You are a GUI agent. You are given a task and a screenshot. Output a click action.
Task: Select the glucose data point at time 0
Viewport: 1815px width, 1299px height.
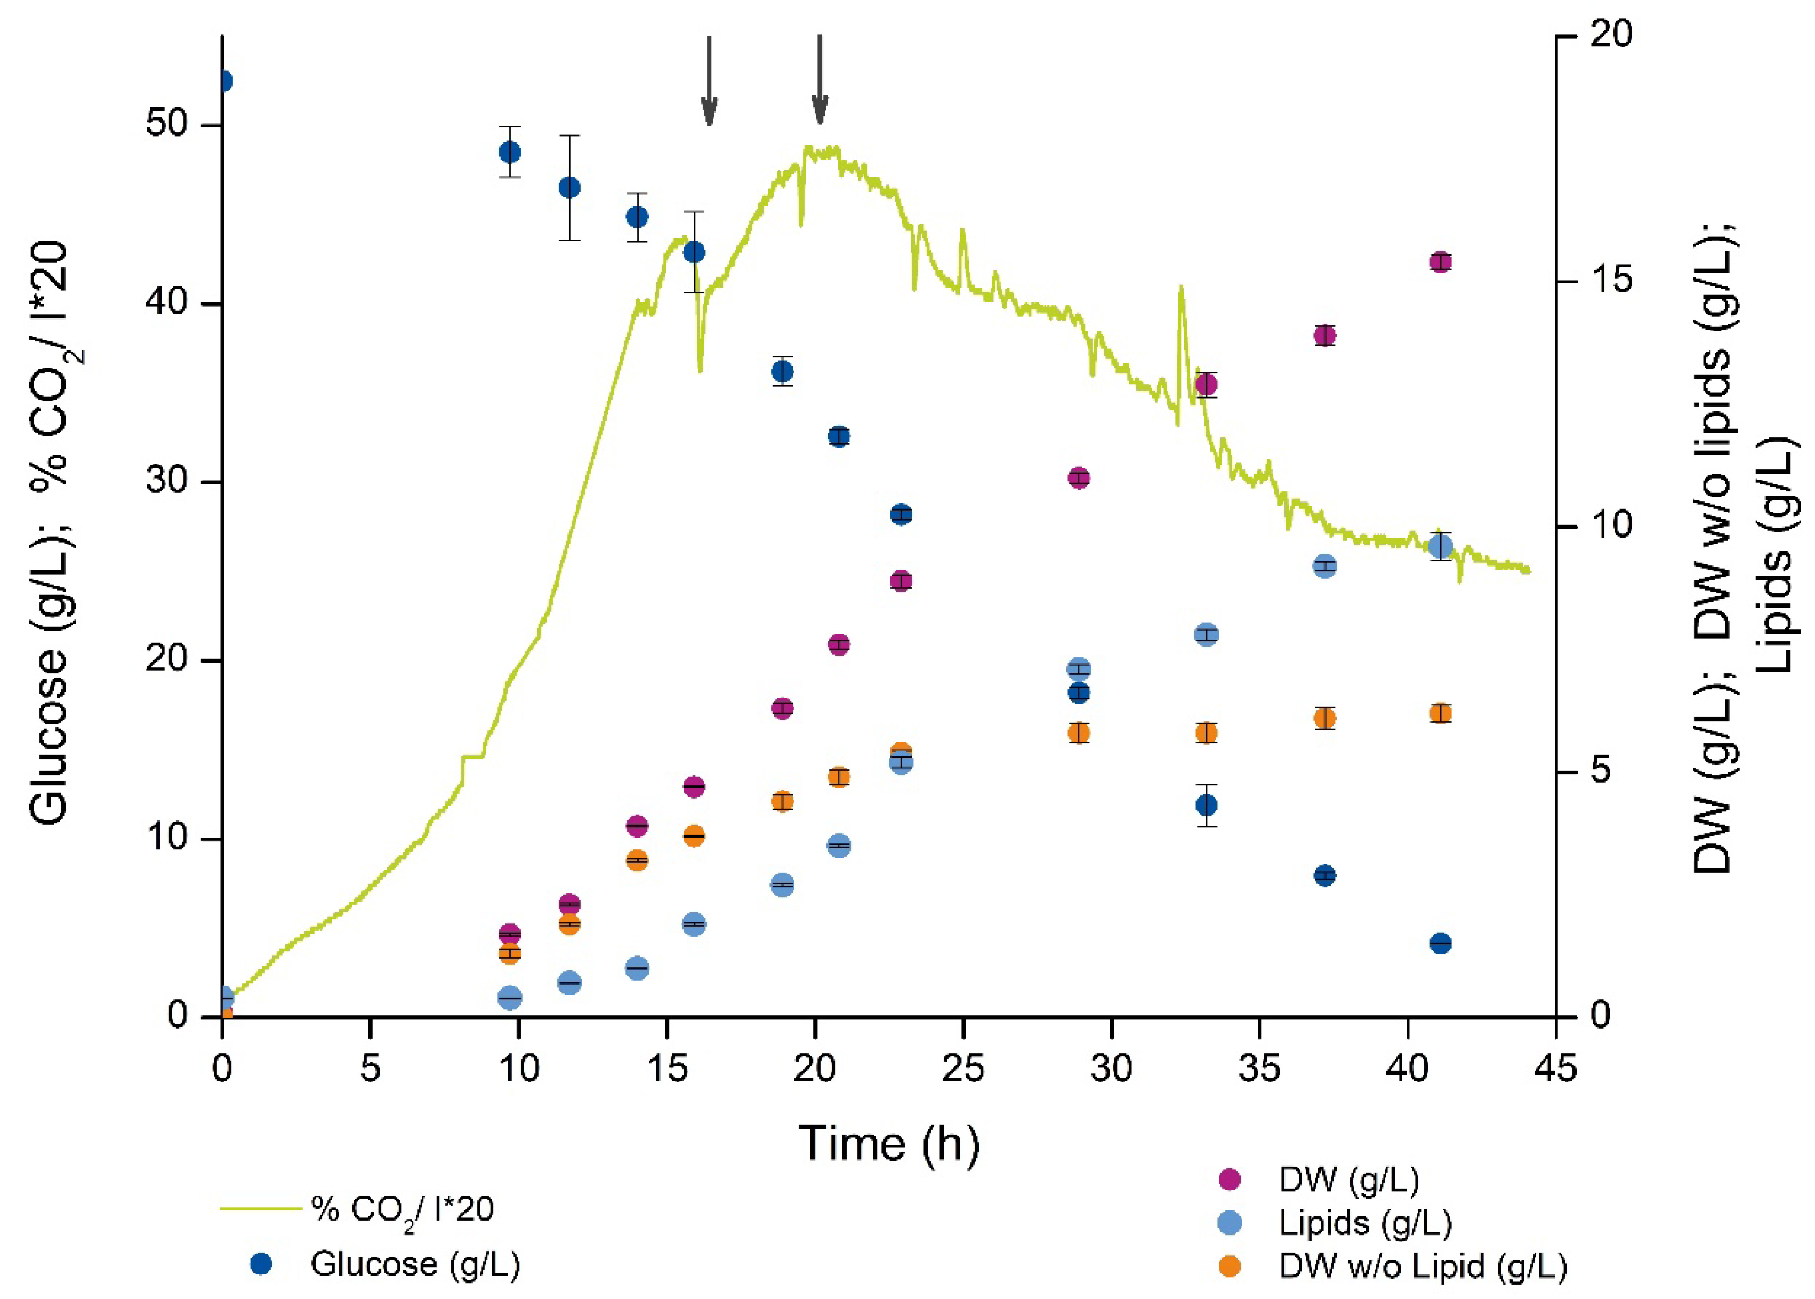pyautogui.click(x=224, y=81)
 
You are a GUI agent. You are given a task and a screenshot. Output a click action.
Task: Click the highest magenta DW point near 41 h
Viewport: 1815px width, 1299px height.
pyautogui.click(x=1440, y=262)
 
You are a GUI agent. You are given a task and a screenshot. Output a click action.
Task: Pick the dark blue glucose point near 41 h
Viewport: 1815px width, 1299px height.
pyautogui.click(x=1440, y=944)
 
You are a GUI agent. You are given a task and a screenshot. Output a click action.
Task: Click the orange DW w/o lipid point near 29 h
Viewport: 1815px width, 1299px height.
pyautogui.click(x=1079, y=732)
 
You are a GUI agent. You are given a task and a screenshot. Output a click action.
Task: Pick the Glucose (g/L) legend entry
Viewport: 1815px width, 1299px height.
pyautogui.click(x=415, y=1264)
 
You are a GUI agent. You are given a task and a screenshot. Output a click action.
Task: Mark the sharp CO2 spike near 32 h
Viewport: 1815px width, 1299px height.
pyautogui.click(x=1180, y=288)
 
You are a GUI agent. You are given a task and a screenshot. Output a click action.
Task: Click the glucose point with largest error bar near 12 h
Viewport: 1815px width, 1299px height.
pyautogui.click(x=568, y=188)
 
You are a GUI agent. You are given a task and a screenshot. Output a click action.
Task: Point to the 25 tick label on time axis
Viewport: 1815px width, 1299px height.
pyautogui.click(x=962, y=1069)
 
